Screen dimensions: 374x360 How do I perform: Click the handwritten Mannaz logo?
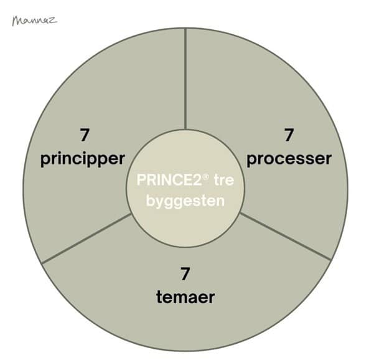point(35,21)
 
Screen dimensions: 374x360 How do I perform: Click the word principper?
point(83,159)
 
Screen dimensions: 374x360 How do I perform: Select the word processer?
point(289,159)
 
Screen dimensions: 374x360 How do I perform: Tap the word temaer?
point(185,297)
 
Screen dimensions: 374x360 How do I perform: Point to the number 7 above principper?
point(85,135)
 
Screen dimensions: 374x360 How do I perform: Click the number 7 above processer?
point(289,135)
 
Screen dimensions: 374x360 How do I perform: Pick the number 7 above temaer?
point(185,274)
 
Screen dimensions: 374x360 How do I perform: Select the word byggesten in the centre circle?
point(185,202)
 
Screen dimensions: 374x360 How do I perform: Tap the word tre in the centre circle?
point(224,180)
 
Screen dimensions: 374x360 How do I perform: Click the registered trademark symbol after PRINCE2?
point(207,177)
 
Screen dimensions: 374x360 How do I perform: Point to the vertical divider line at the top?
point(186,80)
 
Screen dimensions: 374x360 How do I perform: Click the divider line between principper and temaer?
point(86,239)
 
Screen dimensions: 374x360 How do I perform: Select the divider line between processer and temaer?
point(285,236)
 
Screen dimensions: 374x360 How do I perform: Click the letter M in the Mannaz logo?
point(18,21)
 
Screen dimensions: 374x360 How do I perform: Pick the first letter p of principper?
point(45,160)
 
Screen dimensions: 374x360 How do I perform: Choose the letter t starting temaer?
point(159,297)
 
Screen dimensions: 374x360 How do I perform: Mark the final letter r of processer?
point(329,159)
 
